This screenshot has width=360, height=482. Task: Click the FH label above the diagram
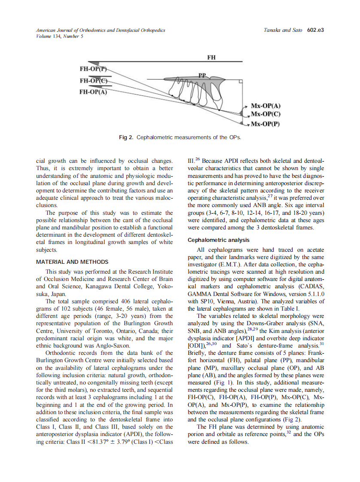[211, 57]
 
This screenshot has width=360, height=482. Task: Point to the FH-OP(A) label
[93, 91]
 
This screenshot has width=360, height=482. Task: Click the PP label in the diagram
[203, 75]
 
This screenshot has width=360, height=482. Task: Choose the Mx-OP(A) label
[265, 106]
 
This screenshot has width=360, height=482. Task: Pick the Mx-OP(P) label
[265, 124]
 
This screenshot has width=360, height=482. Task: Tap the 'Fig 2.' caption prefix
[126, 137]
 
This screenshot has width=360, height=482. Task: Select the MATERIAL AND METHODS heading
[72, 262]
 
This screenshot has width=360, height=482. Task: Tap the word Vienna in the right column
[231, 301]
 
